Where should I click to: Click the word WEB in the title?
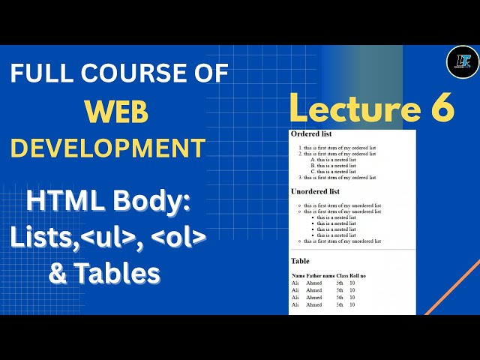point(115,112)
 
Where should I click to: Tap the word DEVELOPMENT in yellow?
point(108,147)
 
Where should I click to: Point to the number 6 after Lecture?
point(442,109)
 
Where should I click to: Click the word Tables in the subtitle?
point(115,274)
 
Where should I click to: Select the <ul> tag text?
point(125,238)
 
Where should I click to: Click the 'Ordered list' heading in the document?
point(311,134)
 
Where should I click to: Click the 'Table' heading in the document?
point(300,260)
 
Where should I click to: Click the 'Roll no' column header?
point(358,276)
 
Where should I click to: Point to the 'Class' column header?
point(342,276)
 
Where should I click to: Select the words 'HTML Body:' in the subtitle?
point(109,202)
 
